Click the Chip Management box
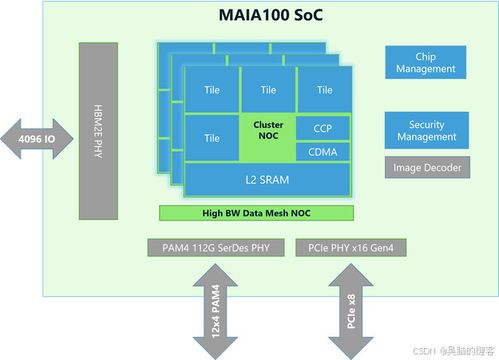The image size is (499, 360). point(426,63)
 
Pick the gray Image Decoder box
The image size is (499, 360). point(426,168)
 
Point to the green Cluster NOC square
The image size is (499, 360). point(267,137)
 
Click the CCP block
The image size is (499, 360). point(322,128)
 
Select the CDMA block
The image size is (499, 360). point(322,152)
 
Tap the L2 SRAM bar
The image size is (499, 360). point(267,180)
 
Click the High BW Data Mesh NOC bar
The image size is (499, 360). point(258,212)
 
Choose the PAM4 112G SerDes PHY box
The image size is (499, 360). point(210,247)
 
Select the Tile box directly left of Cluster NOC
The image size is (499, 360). point(212,138)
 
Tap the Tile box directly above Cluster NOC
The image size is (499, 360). point(267,90)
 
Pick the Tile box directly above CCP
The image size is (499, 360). point(323,90)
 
